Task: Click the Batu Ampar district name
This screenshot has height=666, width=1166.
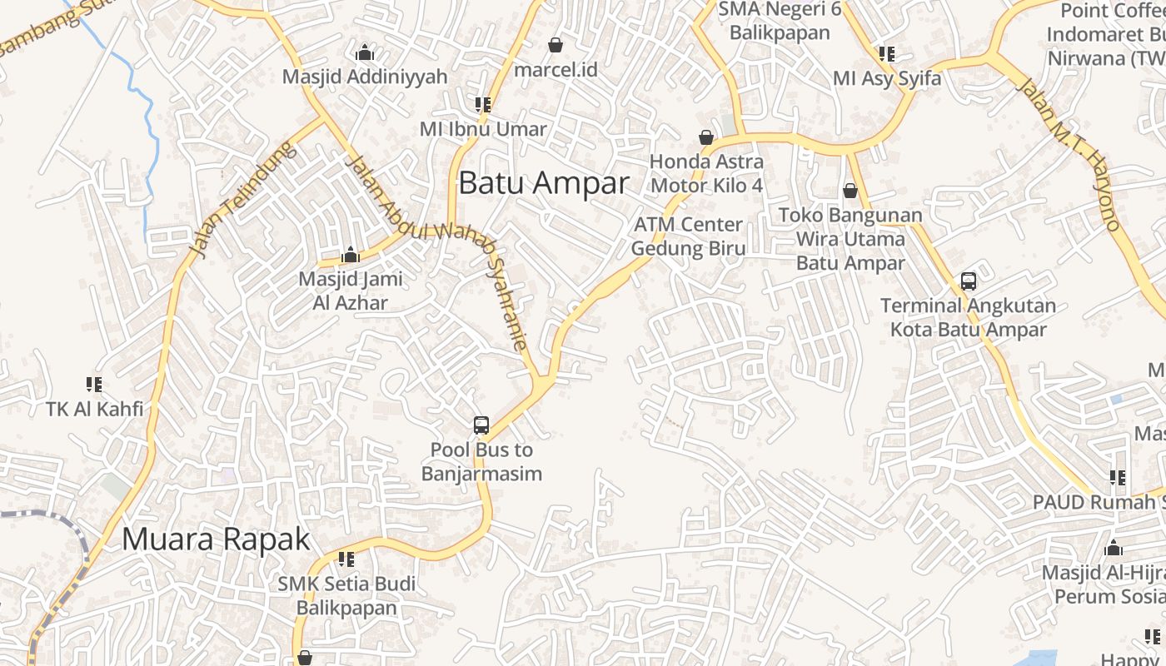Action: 543,183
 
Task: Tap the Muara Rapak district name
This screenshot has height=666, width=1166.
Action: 216,539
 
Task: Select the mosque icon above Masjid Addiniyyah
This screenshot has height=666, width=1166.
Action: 365,53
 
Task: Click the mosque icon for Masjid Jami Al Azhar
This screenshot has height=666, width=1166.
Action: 351,255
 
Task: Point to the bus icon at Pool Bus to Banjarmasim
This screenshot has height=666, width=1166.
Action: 481,425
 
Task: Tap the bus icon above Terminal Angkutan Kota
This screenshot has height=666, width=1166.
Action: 968,281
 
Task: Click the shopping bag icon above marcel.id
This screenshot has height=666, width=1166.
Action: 556,45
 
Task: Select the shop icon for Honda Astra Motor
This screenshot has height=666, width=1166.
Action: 706,137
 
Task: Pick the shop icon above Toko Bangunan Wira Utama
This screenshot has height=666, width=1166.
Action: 850,191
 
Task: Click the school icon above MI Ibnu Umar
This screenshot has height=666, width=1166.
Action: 482,105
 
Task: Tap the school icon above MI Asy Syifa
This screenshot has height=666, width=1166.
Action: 887,54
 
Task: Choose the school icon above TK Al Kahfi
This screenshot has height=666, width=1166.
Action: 94,385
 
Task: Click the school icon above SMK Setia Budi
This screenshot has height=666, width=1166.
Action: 346,559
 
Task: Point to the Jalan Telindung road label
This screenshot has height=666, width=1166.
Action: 243,198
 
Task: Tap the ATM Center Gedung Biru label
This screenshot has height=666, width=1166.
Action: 688,236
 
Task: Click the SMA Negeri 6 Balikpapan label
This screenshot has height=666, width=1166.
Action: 780,21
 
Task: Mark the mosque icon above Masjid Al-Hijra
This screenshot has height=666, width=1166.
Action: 1114,549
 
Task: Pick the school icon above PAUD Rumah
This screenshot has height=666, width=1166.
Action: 1118,478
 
